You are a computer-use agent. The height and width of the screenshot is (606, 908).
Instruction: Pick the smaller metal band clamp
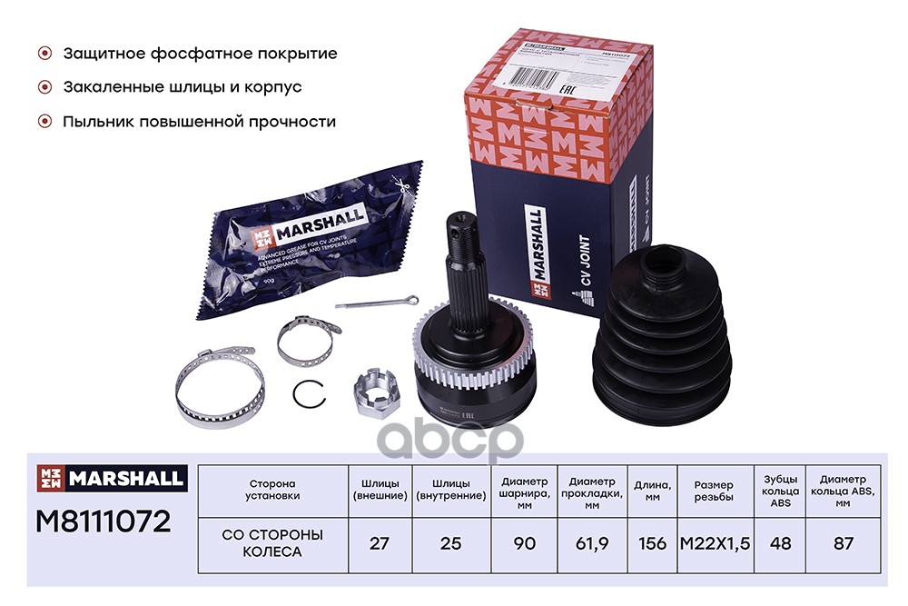[303, 340]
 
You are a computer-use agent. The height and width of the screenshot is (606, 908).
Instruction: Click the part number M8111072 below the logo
[103, 522]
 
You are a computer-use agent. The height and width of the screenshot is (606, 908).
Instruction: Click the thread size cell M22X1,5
[714, 543]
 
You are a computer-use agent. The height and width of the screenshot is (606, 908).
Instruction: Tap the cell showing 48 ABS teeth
[778, 543]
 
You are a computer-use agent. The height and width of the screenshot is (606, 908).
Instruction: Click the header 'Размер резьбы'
[714, 489]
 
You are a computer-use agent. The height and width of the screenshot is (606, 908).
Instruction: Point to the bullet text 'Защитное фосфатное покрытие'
[200, 54]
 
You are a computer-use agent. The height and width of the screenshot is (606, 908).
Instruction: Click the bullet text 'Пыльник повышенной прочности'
[200, 121]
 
